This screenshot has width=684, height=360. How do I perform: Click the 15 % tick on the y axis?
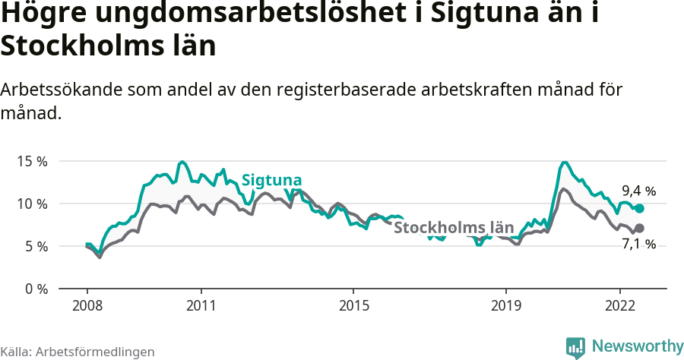pyautogui.click(x=32, y=162)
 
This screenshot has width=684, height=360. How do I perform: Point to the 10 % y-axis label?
pyautogui.click(x=32, y=204)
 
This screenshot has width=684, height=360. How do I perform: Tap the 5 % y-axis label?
pyautogui.click(x=35, y=247)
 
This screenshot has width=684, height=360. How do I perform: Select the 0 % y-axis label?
pyautogui.click(x=35, y=289)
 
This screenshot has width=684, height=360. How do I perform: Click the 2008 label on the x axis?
pyautogui.click(x=87, y=305)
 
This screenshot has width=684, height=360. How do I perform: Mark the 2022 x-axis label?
pyautogui.click(x=620, y=305)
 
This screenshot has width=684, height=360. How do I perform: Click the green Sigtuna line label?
pyautogui.click(x=271, y=181)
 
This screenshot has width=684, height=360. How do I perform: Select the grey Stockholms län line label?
pyautogui.click(x=454, y=227)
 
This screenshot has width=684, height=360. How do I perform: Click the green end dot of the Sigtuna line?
pyautogui.click(x=639, y=208)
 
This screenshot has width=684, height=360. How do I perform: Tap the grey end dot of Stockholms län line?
pyautogui.click(x=639, y=228)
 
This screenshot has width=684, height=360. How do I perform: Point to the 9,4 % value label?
pyautogui.click(x=638, y=191)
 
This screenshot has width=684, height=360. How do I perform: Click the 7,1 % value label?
pyautogui.click(x=638, y=245)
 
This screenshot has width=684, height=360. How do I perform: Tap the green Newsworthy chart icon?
pyautogui.click(x=575, y=347)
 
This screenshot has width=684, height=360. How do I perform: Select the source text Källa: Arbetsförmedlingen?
pyautogui.click(x=78, y=352)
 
